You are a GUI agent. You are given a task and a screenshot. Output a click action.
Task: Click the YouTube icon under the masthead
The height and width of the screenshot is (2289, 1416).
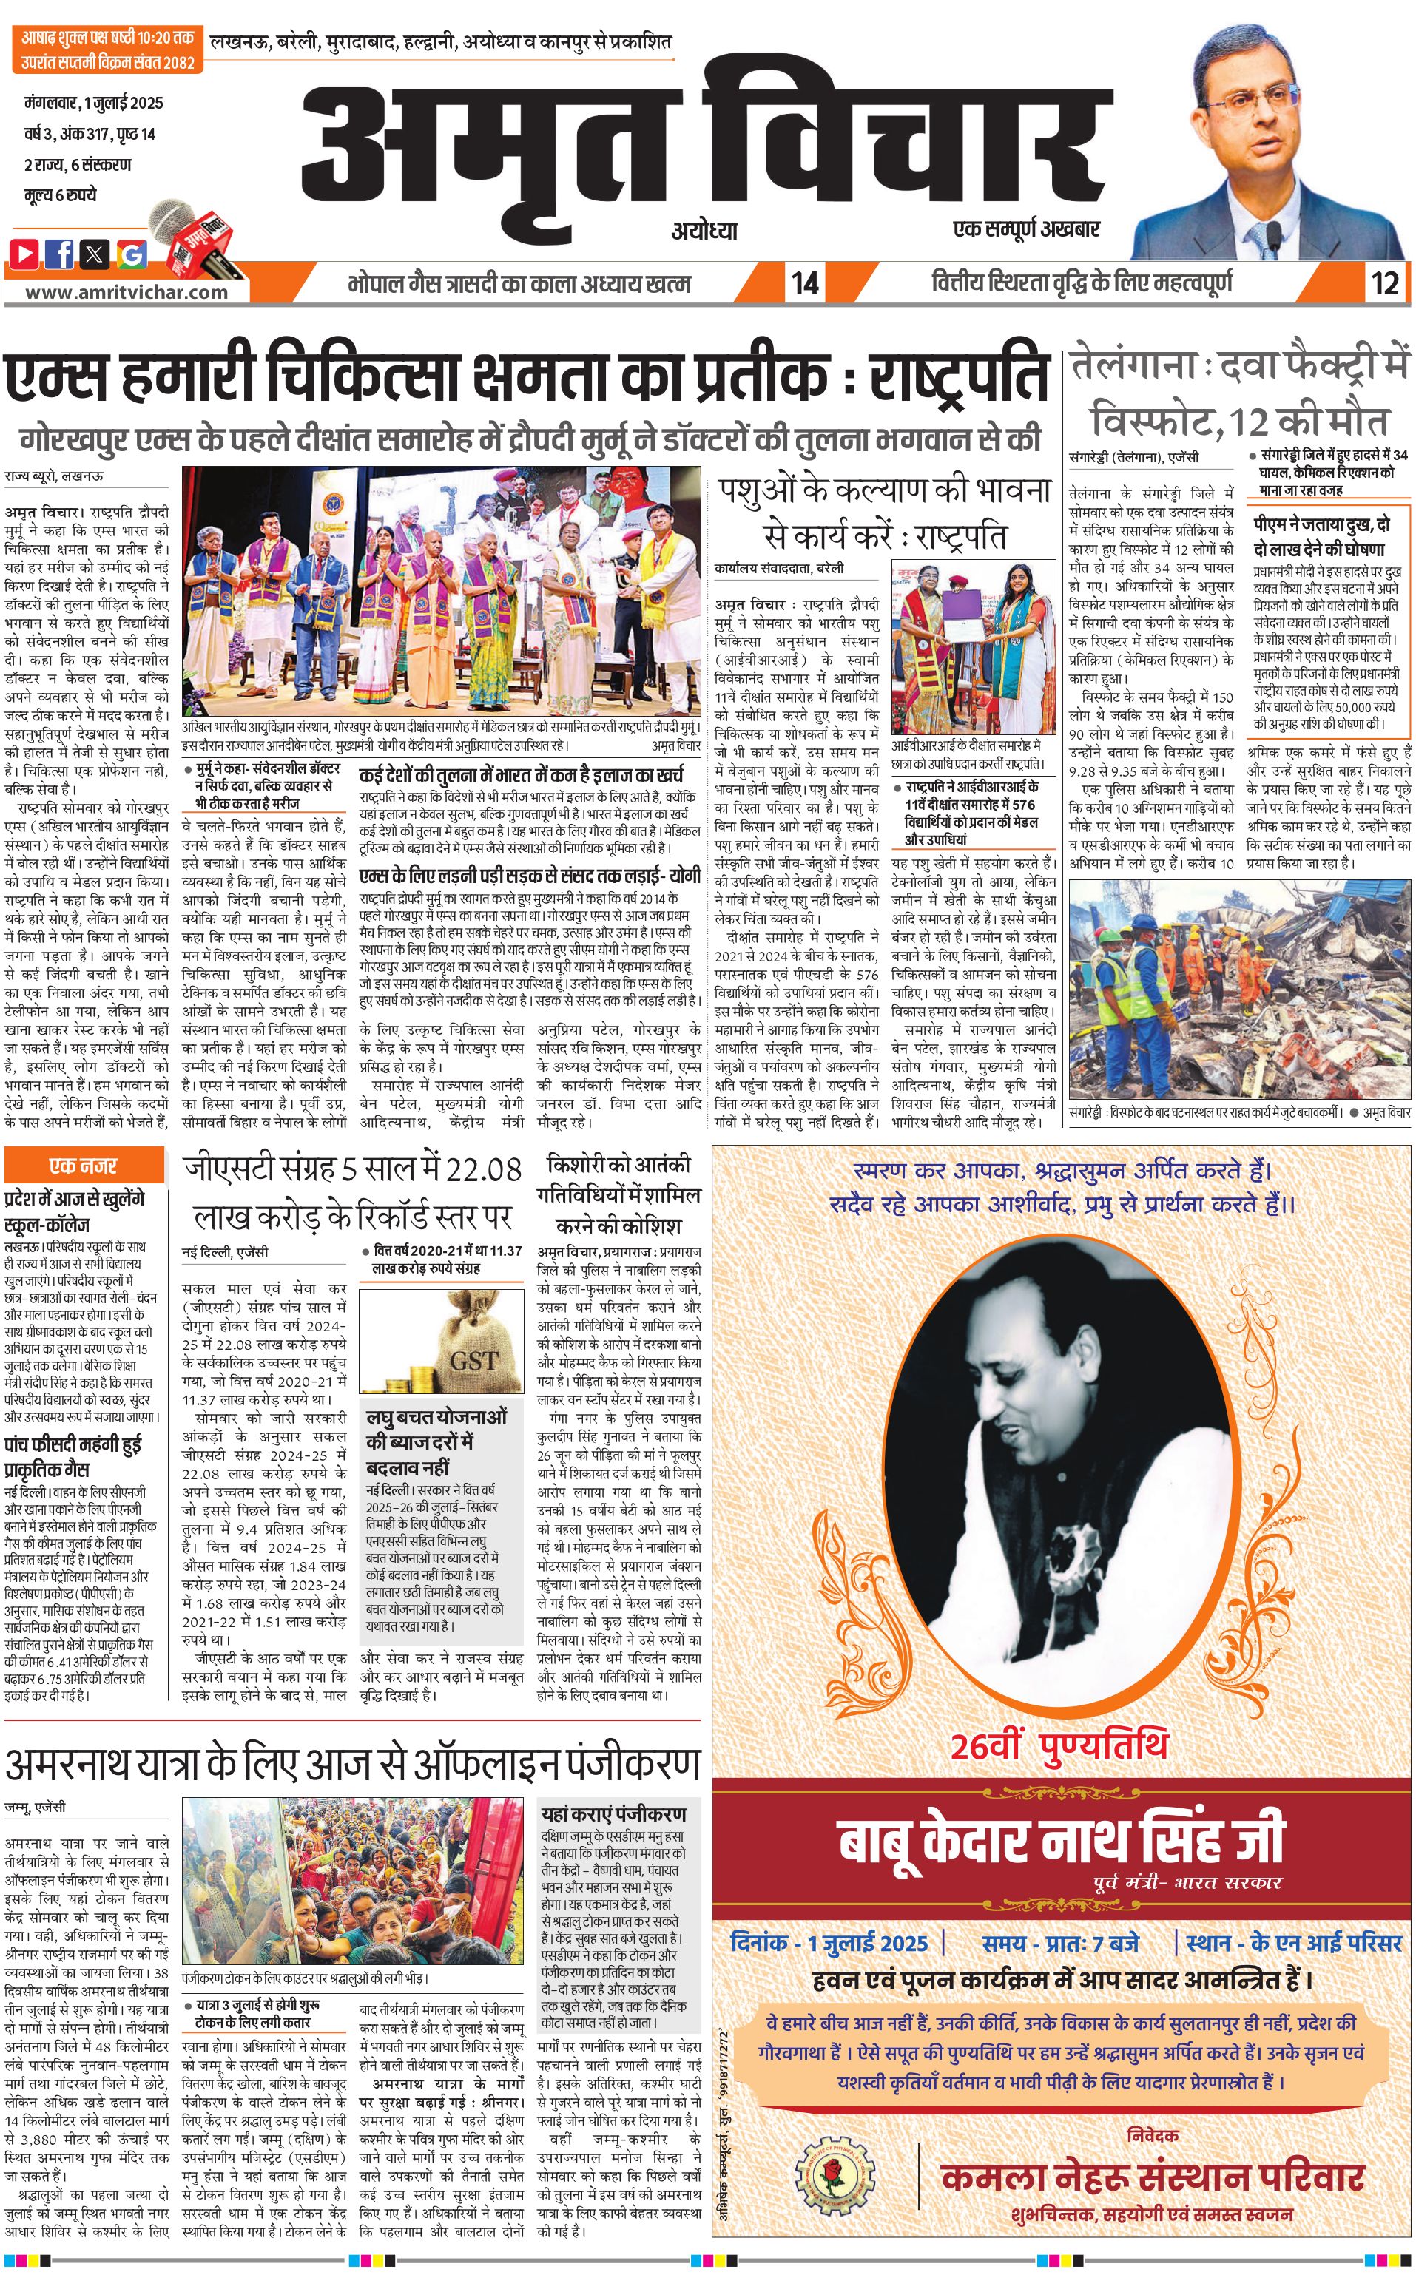pos(24,253)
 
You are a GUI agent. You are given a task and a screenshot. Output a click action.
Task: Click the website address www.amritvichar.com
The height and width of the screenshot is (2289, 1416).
pos(127,291)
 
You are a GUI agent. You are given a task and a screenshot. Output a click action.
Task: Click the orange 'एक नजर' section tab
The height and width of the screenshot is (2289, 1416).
pos(84,1166)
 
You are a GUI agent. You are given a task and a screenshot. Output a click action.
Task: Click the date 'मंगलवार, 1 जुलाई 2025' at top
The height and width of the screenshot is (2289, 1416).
pos(94,103)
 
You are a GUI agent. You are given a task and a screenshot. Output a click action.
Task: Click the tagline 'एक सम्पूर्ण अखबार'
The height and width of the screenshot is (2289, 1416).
pos(1025,229)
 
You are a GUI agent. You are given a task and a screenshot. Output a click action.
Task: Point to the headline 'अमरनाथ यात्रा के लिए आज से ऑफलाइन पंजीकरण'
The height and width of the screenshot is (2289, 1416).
pos(352,1765)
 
